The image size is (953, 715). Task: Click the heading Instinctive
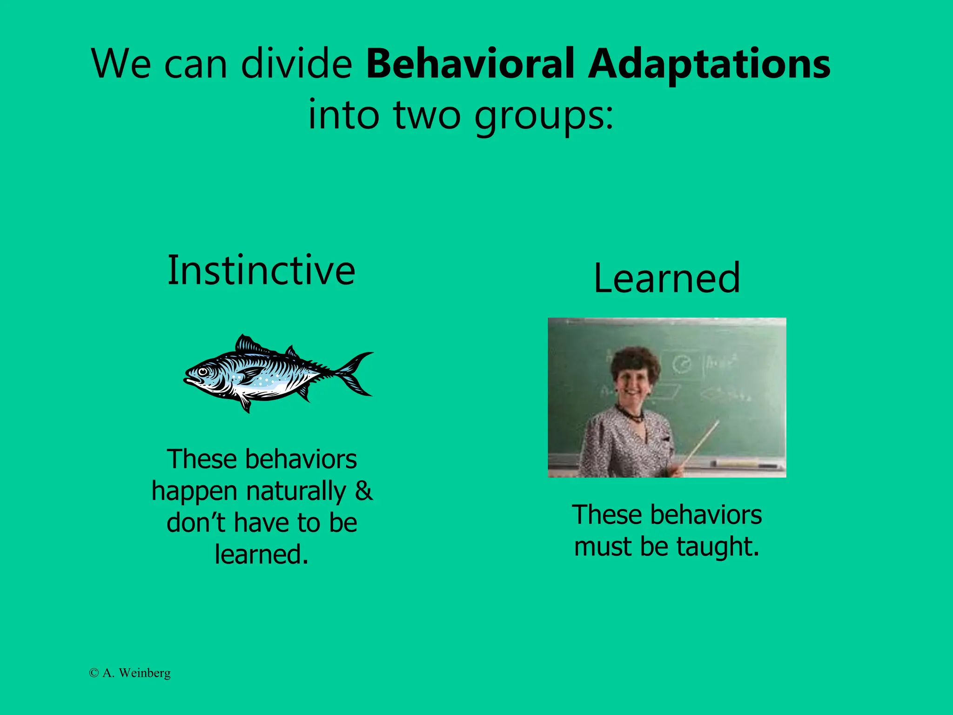point(262,270)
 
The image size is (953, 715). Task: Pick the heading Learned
point(667,278)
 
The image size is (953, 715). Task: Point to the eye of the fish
point(203,371)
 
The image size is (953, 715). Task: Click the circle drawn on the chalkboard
point(682,364)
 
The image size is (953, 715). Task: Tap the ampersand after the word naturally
point(363,491)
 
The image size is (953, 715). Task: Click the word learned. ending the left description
point(262,554)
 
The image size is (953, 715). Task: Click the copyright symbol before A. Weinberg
point(94,673)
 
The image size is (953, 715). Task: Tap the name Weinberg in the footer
point(145,673)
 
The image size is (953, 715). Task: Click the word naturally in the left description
point(296,492)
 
